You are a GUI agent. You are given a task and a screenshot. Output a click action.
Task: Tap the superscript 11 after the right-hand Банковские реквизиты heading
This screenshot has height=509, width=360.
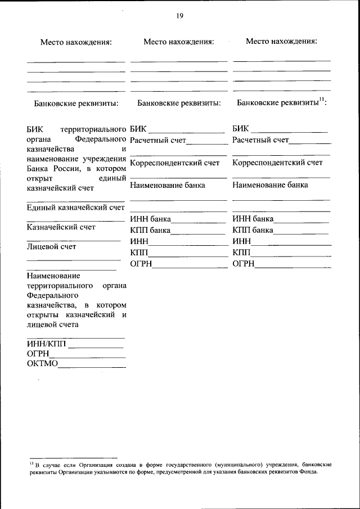[322, 100]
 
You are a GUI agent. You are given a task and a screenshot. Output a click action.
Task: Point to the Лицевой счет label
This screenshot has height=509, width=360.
[51, 246]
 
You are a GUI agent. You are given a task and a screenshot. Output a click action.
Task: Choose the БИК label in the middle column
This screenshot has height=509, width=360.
[138, 129]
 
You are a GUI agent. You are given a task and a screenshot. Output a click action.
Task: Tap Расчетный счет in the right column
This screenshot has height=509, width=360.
[260, 139]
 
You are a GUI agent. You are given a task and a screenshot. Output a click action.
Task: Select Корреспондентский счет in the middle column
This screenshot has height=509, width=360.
[174, 163]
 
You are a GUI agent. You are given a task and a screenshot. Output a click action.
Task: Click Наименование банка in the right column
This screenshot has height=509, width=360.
[270, 184]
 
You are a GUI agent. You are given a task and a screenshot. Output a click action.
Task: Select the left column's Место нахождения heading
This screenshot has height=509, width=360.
[76, 42]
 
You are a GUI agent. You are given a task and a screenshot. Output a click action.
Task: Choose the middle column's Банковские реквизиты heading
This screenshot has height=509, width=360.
[179, 103]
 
